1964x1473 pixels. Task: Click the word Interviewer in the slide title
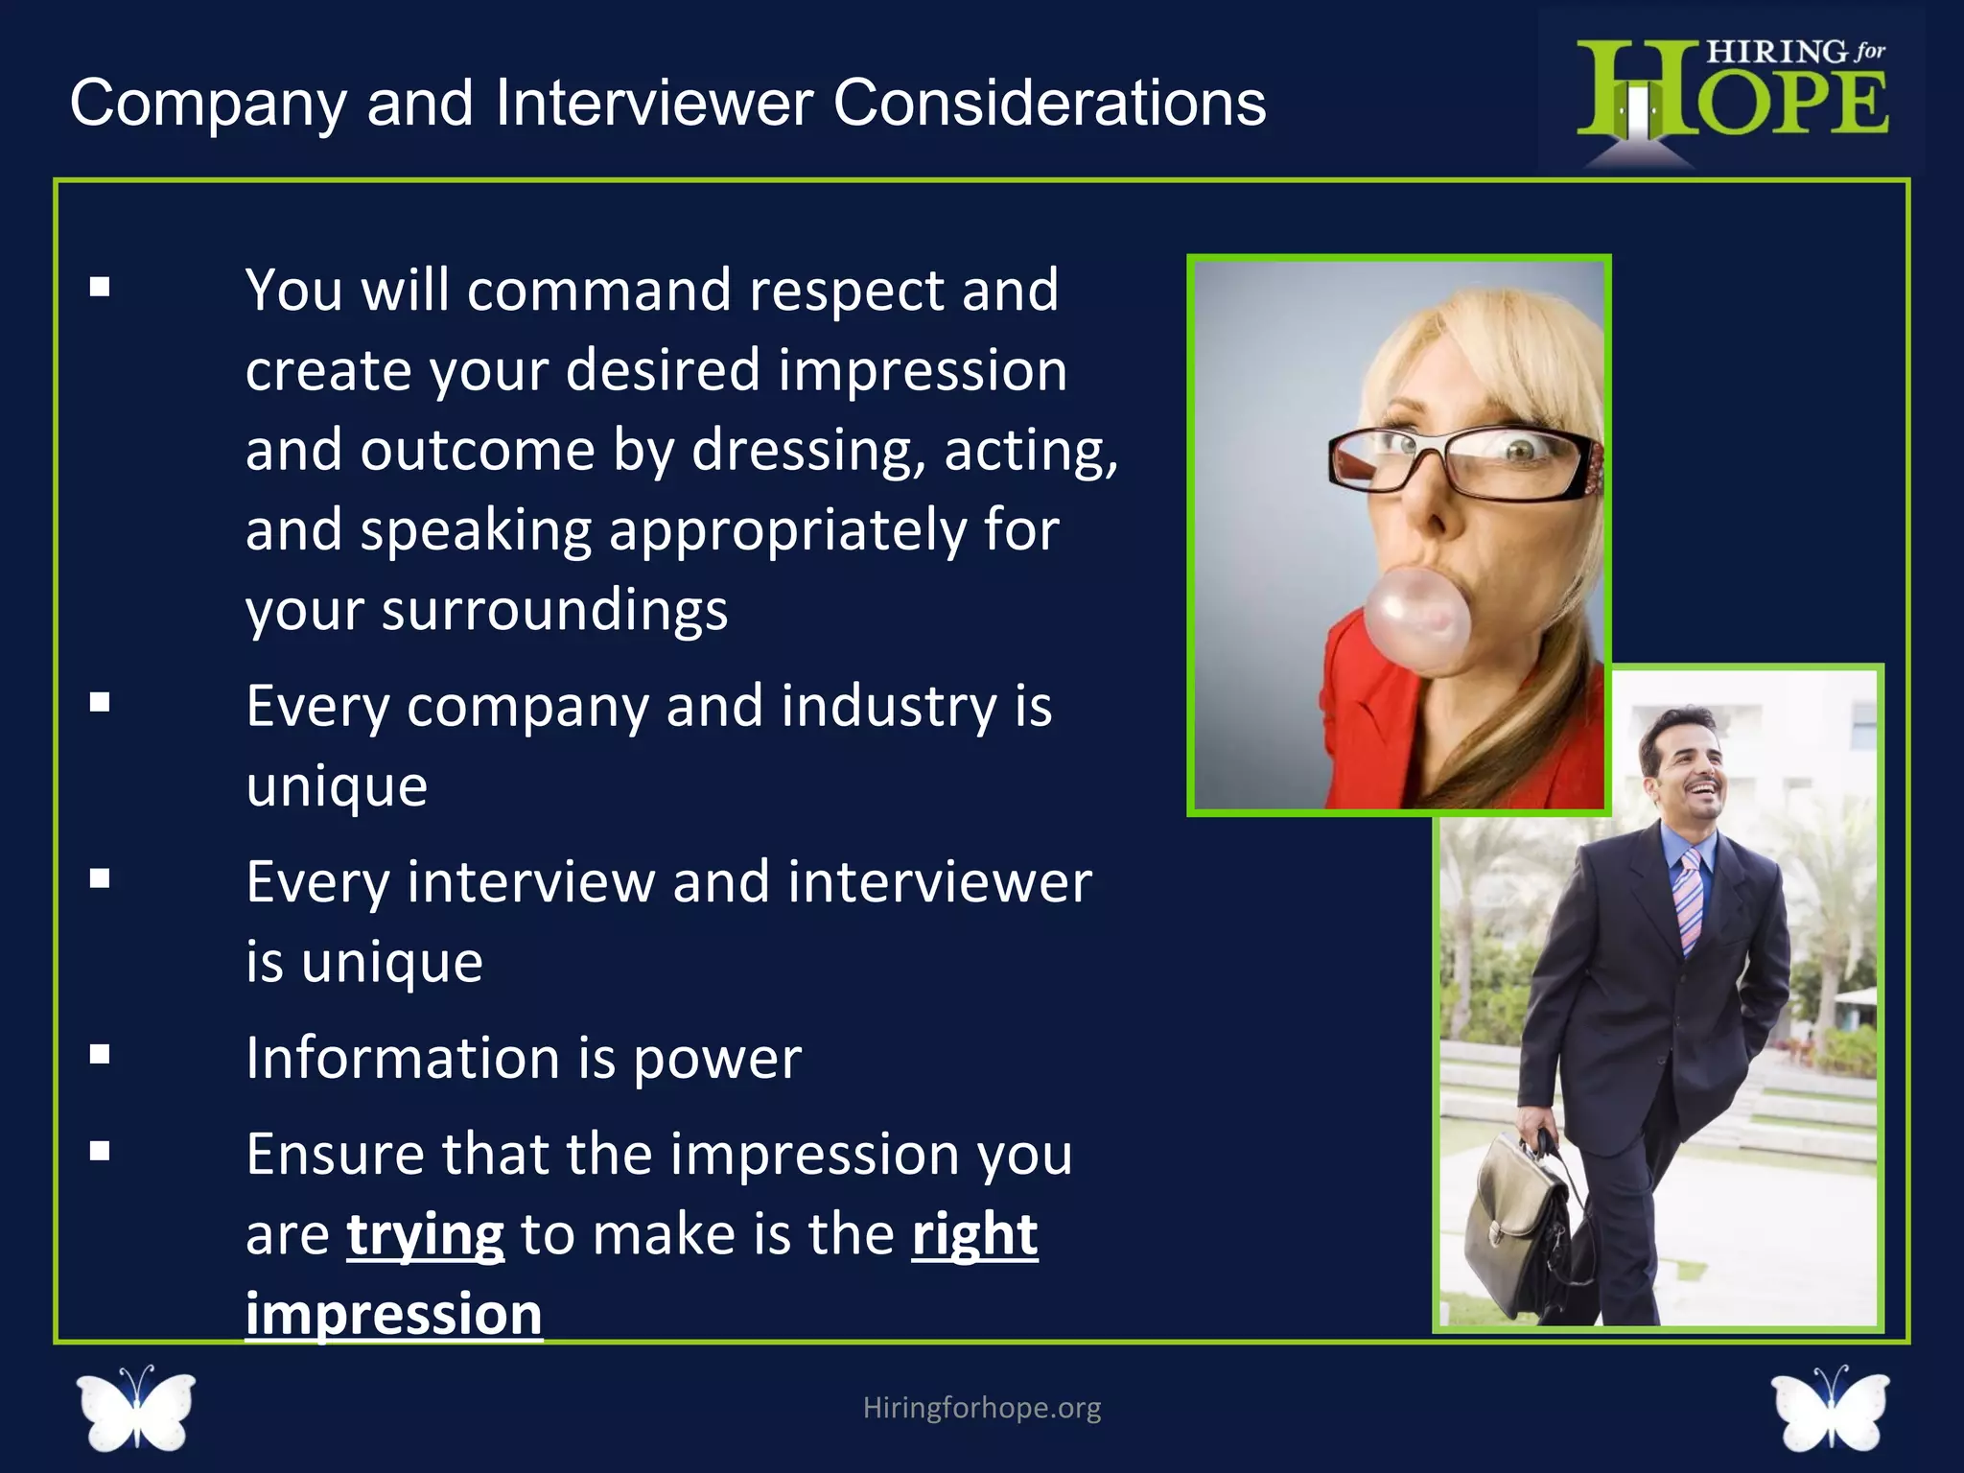pos(654,103)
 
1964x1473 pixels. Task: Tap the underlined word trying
pos(425,1234)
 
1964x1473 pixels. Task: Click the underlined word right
pos(974,1234)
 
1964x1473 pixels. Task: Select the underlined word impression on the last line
pos(393,1314)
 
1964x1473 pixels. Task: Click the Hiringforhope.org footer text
pos(982,1408)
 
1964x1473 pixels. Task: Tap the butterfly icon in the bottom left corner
pos(136,1408)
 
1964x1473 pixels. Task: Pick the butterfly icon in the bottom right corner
pos(1830,1408)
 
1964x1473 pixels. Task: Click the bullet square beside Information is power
pos(100,1055)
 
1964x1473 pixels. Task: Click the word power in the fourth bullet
pos(717,1059)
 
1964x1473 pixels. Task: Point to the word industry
pos(889,707)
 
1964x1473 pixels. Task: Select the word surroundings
pos(554,611)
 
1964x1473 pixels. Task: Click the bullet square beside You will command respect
pos(100,287)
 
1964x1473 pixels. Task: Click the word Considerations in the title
pos(1049,103)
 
